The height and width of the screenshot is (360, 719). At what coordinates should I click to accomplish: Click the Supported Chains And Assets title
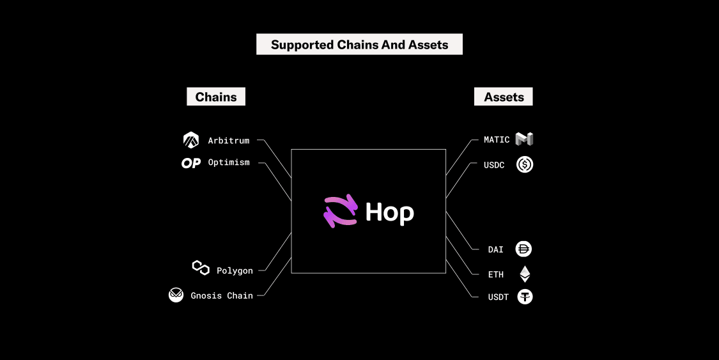click(x=359, y=45)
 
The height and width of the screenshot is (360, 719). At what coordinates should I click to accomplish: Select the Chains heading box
click(x=216, y=97)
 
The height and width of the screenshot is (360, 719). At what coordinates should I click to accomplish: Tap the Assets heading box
click(x=504, y=97)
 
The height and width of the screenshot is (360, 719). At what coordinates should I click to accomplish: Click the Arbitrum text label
click(x=228, y=140)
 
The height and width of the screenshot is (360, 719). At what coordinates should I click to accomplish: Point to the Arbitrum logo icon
click(x=191, y=139)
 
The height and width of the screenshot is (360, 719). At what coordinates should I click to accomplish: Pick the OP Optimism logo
click(x=191, y=163)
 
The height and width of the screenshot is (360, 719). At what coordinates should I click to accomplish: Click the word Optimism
click(x=229, y=162)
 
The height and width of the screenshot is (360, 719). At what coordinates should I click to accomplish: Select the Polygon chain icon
click(x=201, y=268)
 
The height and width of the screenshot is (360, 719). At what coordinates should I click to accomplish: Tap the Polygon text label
click(x=235, y=270)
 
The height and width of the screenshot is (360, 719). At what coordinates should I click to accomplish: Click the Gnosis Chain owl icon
click(x=176, y=295)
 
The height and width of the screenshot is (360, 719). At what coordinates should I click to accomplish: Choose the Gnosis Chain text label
click(x=222, y=295)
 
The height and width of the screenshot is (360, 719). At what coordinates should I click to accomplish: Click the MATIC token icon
click(x=524, y=139)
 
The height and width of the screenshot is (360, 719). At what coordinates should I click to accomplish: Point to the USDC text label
click(x=494, y=165)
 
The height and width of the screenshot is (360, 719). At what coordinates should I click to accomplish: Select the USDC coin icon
click(x=525, y=164)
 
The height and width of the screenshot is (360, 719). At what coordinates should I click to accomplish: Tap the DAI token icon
click(x=524, y=249)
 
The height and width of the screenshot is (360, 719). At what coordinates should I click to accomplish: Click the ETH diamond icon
click(x=525, y=274)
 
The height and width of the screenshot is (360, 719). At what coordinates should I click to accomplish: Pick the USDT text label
click(x=498, y=297)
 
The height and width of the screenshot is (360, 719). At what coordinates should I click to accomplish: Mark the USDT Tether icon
click(x=525, y=297)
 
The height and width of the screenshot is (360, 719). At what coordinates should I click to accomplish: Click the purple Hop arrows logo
click(x=340, y=211)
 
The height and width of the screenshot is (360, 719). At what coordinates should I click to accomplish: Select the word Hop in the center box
click(x=389, y=212)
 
